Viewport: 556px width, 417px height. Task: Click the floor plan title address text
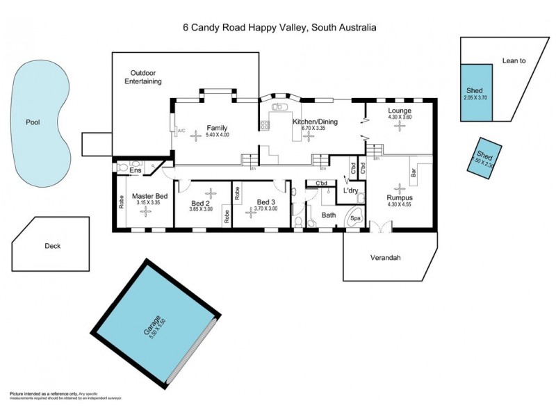coord(279,28)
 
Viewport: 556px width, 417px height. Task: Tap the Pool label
coord(33,122)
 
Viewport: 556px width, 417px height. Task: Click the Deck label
coord(53,245)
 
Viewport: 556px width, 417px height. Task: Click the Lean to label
coord(514,61)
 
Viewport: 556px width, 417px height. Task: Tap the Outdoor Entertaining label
coord(143,77)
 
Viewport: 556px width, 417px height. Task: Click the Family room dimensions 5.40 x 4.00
coord(218,135)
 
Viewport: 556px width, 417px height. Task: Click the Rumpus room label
coord(399,197)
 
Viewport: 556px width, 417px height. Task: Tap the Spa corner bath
coord(355,218)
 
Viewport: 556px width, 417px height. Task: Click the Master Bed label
coord(149,197)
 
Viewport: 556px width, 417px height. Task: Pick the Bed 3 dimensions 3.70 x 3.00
coord(265,208)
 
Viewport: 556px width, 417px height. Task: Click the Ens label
coord(136,170)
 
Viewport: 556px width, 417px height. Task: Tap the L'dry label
coord(350,190)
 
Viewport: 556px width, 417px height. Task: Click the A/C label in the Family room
coord(181,131)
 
